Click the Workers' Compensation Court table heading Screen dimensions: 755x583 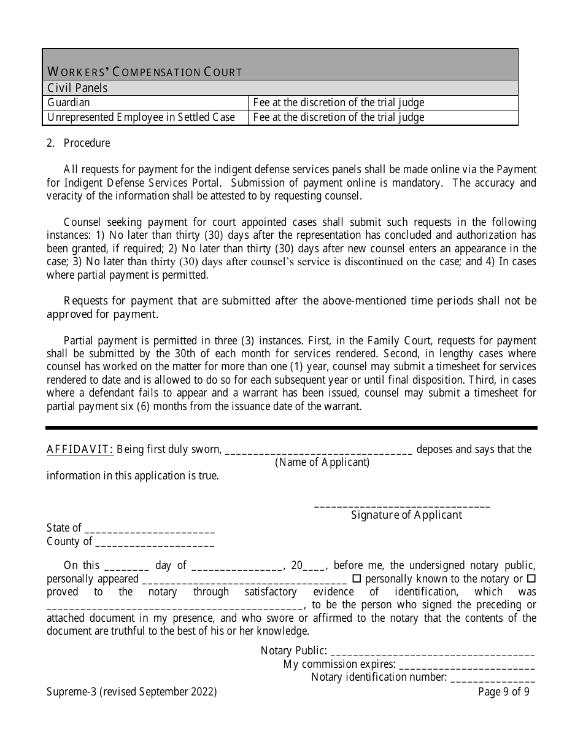coord(145,72)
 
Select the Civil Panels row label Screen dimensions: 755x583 coord(77,88)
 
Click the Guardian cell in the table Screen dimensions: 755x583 coord(68,103)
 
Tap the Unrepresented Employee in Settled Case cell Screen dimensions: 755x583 coord(141,117)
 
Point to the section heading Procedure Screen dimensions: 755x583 coord(87,143)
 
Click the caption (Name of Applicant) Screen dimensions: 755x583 coord(322,462)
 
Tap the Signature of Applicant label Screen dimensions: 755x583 coord(406,515)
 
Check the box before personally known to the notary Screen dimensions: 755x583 coord(357,579)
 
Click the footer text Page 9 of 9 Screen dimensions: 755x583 coord(503,692)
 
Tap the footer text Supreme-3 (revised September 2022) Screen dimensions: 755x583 coord(131,692)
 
